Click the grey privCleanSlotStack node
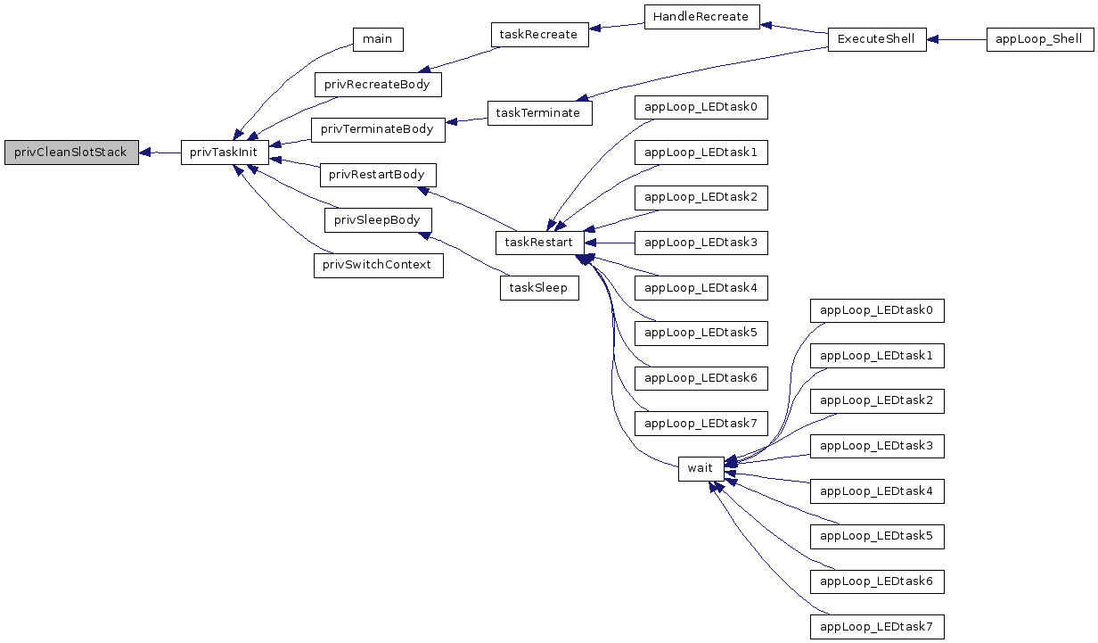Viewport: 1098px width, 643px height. [x=71, y=153]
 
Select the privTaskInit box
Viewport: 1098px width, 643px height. [x=225, y=153]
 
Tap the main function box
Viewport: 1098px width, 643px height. [x=378, y=40]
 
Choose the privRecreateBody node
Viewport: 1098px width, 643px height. [x=378, y=85]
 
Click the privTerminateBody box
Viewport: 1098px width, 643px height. [x=378, y=130]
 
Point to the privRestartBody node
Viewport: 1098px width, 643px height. [x=378, y=175]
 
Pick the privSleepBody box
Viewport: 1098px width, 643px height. [x=378, y=220]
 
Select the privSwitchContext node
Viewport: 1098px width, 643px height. [x=379, y=266]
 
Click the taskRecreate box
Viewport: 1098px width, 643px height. [x=540, y=35]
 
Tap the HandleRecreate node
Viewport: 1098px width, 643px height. [x=702, y=17]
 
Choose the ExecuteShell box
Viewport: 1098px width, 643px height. [x=877, y=40]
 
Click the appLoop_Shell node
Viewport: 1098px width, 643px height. [x=1040, y=40]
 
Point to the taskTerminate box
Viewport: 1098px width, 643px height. [x=540, y=113]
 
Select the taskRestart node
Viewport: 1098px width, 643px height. [x=540, y=243]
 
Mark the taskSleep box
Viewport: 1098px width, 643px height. [x=539, y=288]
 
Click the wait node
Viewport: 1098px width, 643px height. [x=701, y=469]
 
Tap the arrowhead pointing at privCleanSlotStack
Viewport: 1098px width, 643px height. [x=144, y=153]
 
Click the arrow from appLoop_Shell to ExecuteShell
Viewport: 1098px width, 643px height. [x=956, y=40]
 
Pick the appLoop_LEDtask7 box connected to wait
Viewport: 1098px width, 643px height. [x=877, y=627]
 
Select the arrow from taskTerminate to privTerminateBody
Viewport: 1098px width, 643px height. [x=466, y=120]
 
